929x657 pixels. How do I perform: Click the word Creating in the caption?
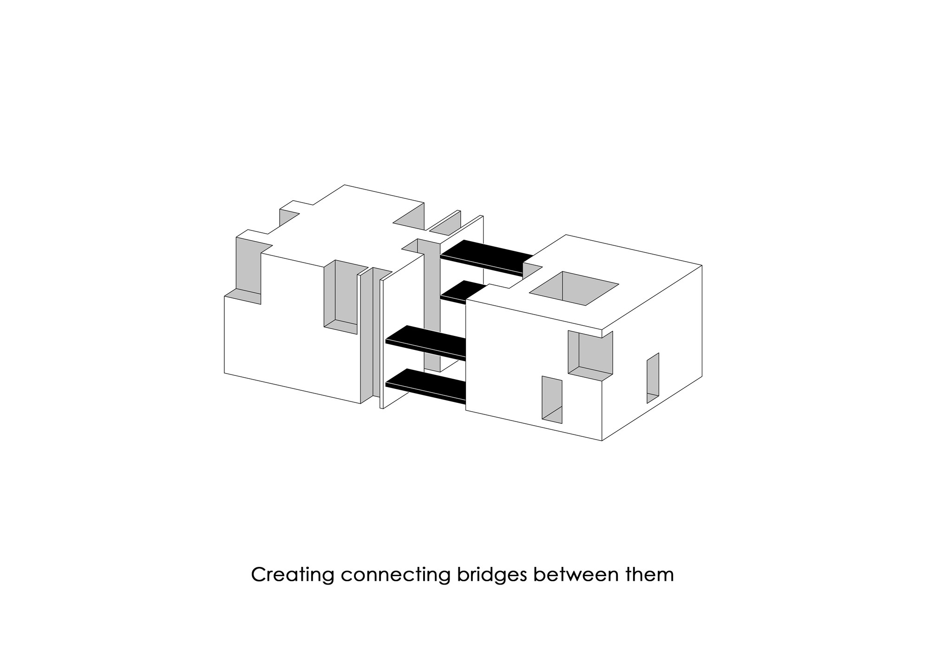292,575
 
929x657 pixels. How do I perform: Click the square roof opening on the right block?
574,288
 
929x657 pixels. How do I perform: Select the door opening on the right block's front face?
552,399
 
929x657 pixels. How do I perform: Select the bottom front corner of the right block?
602,440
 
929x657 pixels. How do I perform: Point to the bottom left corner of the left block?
225,373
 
